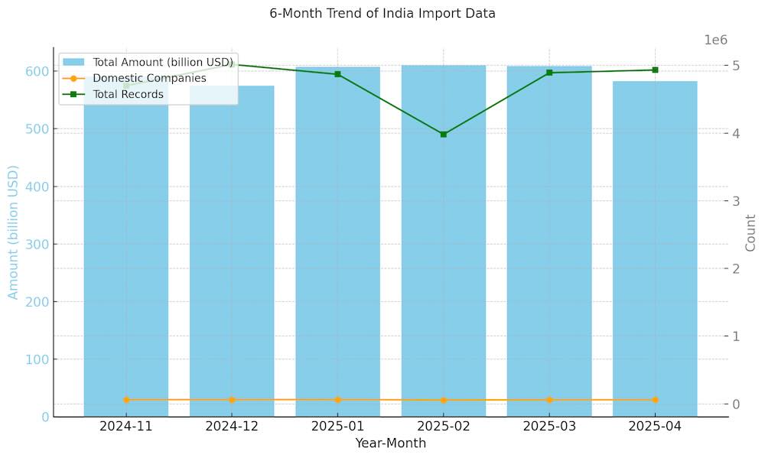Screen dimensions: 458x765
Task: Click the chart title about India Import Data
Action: pos(382,14)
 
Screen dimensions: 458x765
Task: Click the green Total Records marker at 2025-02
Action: pos(444,134)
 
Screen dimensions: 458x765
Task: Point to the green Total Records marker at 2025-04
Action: pos(655,70)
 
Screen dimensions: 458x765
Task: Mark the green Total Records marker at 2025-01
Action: pos(337,74)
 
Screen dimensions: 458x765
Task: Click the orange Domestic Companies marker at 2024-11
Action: pos(126,400)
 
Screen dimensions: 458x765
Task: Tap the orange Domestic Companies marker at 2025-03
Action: pos(549,400)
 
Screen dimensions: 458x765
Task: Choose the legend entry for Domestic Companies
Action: pos(149,78)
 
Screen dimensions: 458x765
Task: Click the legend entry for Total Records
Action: pos(128,94)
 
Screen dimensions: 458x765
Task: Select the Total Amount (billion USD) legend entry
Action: pos(162,62)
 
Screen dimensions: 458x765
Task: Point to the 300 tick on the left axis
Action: pos(40,245)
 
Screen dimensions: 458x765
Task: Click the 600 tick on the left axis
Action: pos(40,72)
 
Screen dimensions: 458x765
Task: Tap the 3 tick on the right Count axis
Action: pos(737,201)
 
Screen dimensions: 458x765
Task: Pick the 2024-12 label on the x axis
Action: pos(232,426)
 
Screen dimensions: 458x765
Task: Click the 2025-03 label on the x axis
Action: pos(549,426)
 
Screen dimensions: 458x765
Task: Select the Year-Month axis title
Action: pos(390,443)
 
